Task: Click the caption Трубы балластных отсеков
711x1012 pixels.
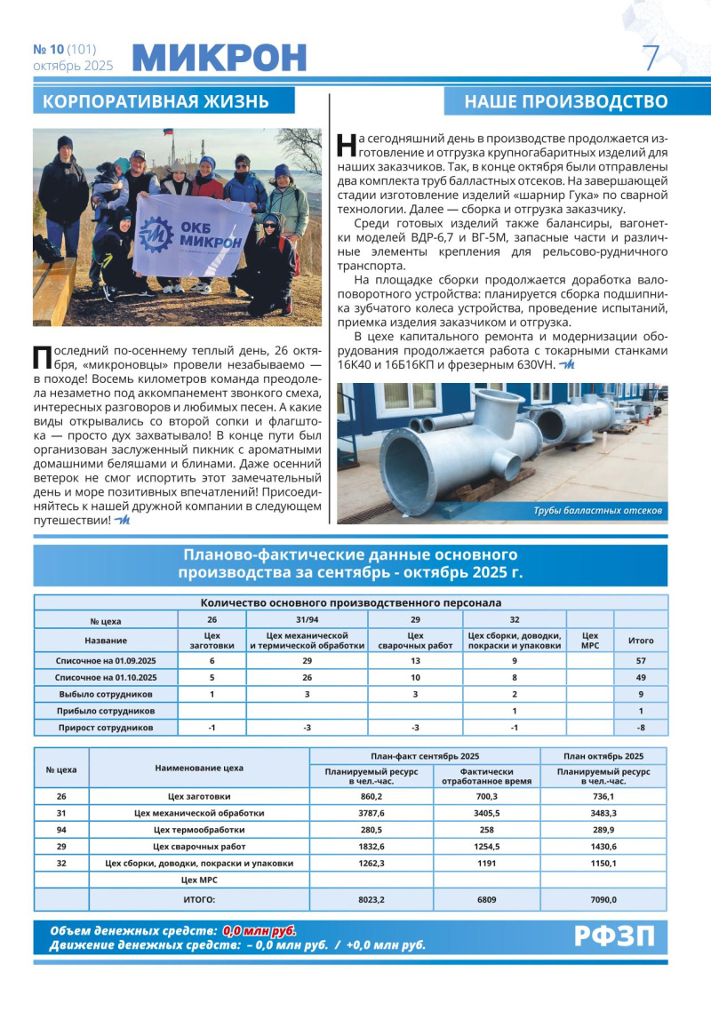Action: tap(597, 511)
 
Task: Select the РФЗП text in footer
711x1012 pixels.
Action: tap(614, 936)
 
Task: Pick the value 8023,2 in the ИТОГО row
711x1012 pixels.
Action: tap(371, 899)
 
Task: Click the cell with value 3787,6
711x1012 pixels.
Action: tap(371, 813)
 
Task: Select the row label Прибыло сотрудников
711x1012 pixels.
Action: tap(106, 711)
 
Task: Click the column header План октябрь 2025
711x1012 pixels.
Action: tap(603, 755)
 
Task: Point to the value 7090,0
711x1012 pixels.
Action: tap(603, 899)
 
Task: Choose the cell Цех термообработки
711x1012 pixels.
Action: tap(199, 830)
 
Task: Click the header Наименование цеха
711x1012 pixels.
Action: tap(199, 768)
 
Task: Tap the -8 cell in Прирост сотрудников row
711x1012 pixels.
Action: tap(641, 728)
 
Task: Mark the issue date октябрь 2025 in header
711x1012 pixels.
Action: tap(73, 65)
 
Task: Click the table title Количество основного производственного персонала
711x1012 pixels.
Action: tap(351, 602)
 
